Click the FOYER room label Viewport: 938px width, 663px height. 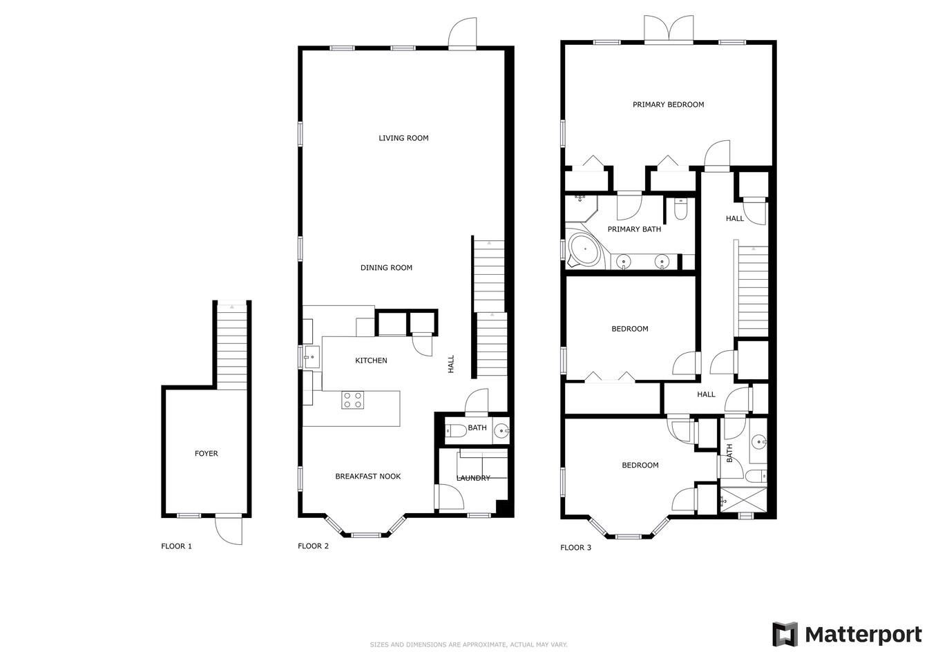(x=206, y=453)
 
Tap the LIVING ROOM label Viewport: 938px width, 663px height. (x=403, y=137)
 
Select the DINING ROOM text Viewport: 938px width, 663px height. (x=386, y=267)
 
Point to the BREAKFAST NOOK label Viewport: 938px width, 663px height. (x=367, y=476)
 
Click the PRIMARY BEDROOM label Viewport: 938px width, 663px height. (x=668, y=104)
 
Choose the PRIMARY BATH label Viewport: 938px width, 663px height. (x=634, y=229)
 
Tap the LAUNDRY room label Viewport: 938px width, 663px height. (x=472, y=478)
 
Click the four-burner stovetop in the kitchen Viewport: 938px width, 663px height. (x=352, y=400)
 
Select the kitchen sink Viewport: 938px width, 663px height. (x=312, y=357)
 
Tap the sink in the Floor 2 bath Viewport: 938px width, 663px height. (x=501, y=430)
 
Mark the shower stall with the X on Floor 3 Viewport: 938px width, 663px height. (x=743, y=499)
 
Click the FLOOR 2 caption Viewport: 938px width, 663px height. (x=313, y=546)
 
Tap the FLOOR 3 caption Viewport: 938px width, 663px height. (x=575, y=548)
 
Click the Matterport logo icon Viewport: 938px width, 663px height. (x=785, y=634)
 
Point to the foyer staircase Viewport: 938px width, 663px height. (x=231, y=346)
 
